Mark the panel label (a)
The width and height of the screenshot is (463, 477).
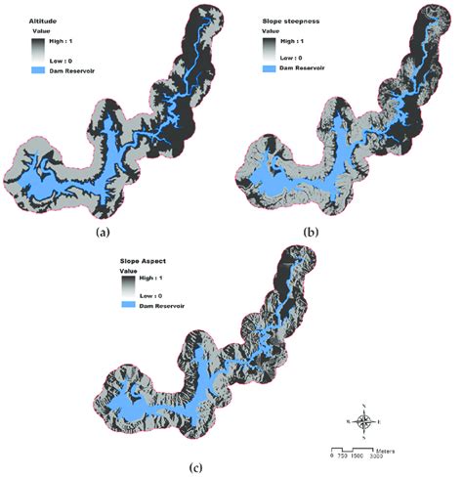click(x=103, y=233)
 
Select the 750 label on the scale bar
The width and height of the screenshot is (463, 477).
click(x=342, y=455)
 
